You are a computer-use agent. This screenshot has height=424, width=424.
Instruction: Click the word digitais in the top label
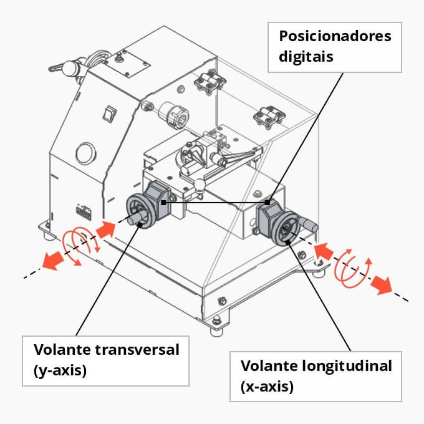click(x=307, y=56)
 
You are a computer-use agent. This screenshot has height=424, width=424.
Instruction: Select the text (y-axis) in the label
click(x=60, y=370)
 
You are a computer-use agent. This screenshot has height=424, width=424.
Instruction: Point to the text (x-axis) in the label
click(x=267, y=387)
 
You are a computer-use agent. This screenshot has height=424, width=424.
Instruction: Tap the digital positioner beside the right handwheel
click(x=267, y=213)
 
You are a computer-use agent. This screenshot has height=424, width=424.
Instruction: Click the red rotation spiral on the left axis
click(x=77, y=246)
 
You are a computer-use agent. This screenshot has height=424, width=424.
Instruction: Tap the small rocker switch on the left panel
click(x=111, y=113)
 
